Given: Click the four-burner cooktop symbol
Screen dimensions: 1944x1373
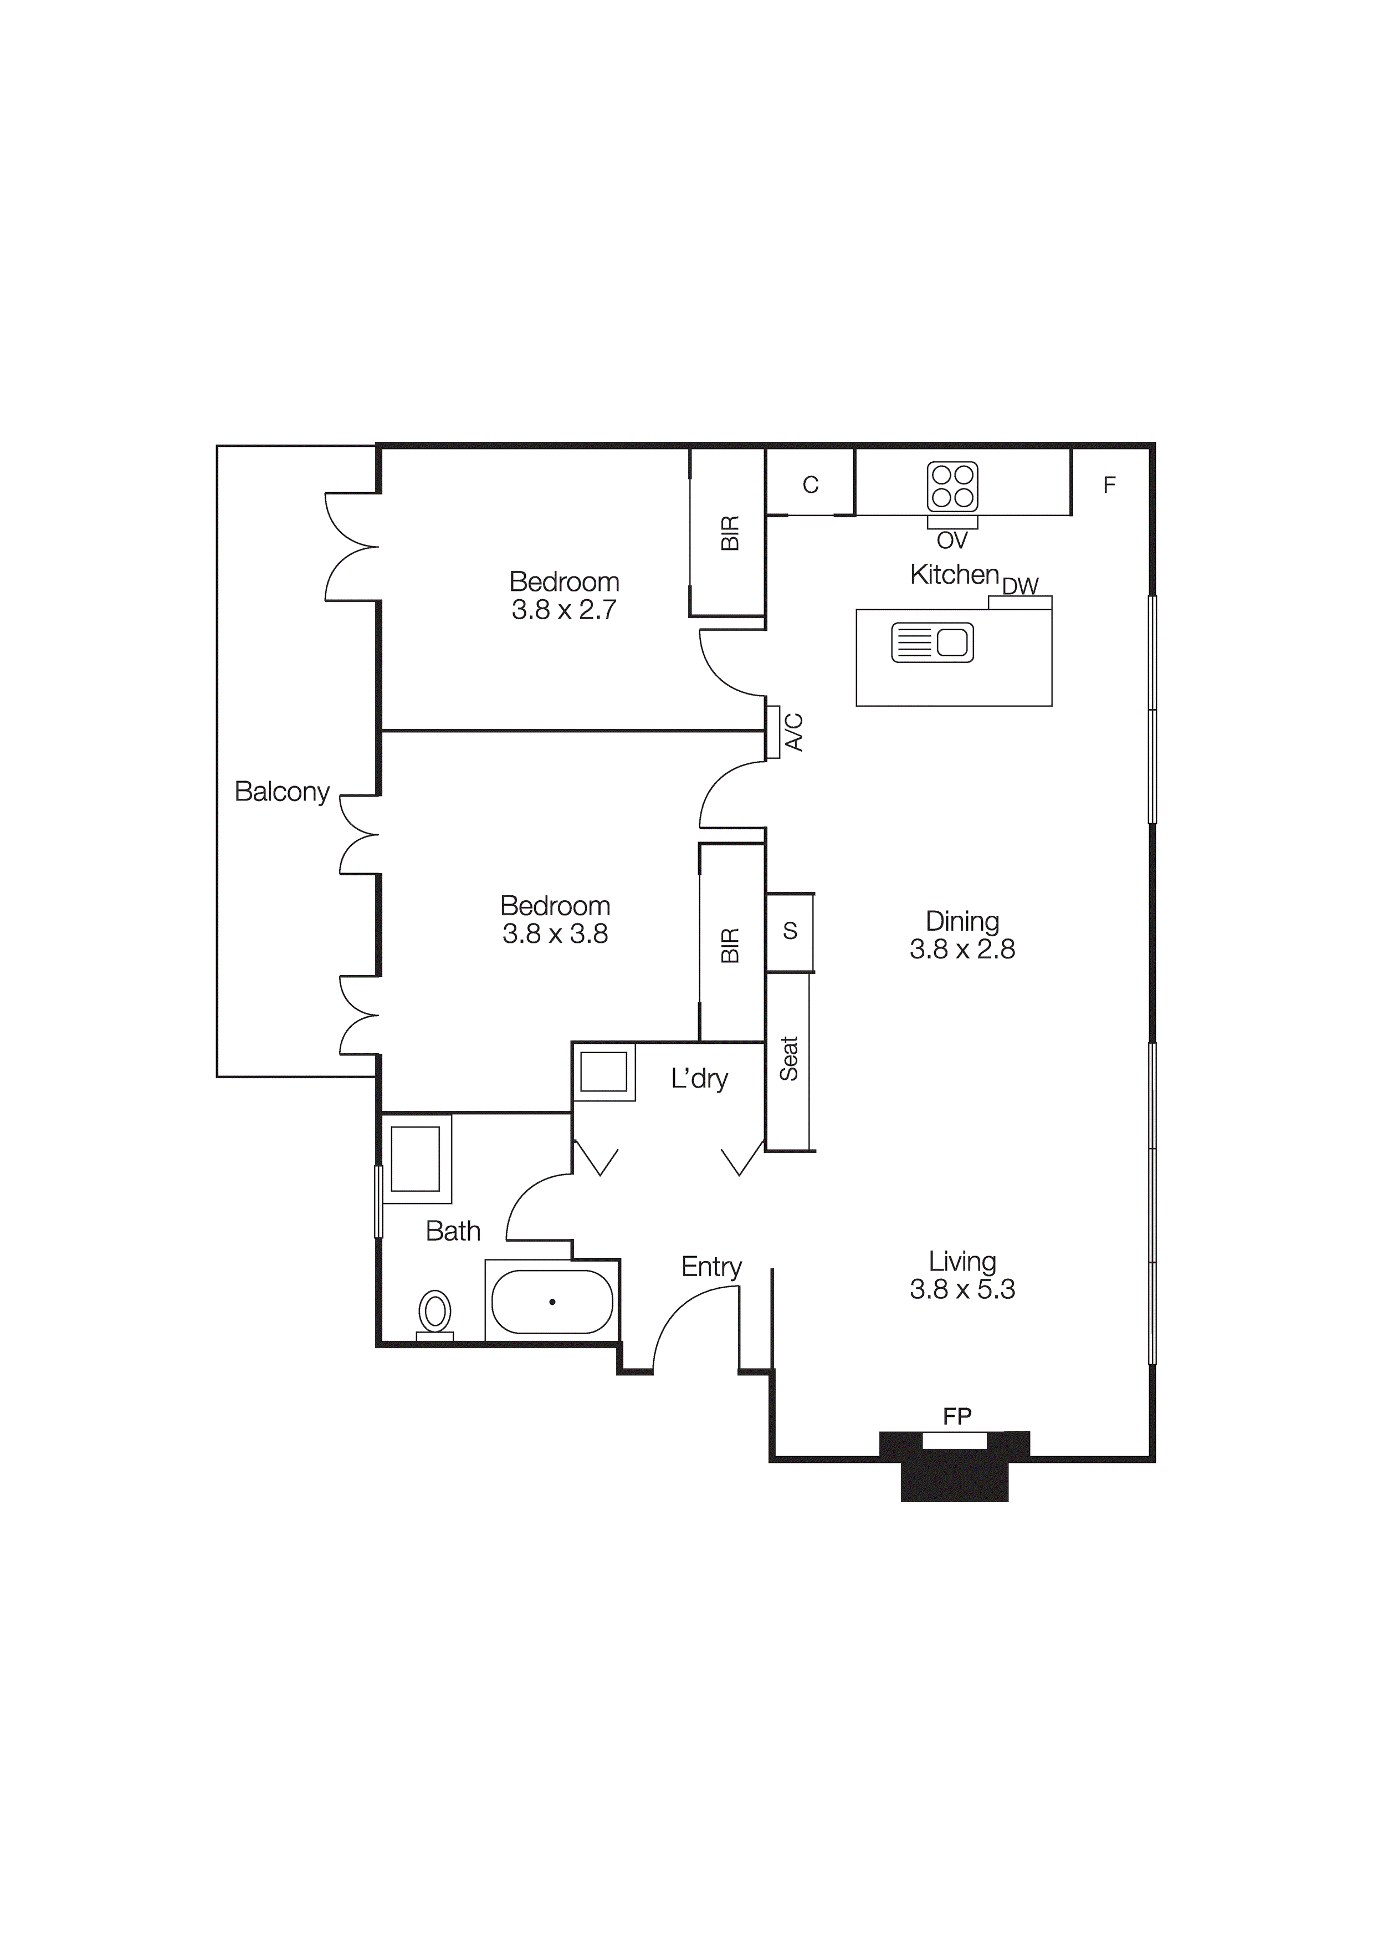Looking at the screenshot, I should tap(953, 486).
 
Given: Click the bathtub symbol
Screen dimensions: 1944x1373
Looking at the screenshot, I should tap(552, 1302).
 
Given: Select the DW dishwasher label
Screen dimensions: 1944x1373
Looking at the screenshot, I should tap(1020, 586).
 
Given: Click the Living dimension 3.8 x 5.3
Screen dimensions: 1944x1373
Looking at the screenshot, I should tap(962, 1289).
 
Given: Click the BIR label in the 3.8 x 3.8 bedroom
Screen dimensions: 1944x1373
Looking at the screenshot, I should tap(730, 945).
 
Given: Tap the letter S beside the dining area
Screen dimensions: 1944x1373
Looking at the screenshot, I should tap(790, 931).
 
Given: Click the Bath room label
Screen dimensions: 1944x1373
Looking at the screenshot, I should tap(453, 1231).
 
